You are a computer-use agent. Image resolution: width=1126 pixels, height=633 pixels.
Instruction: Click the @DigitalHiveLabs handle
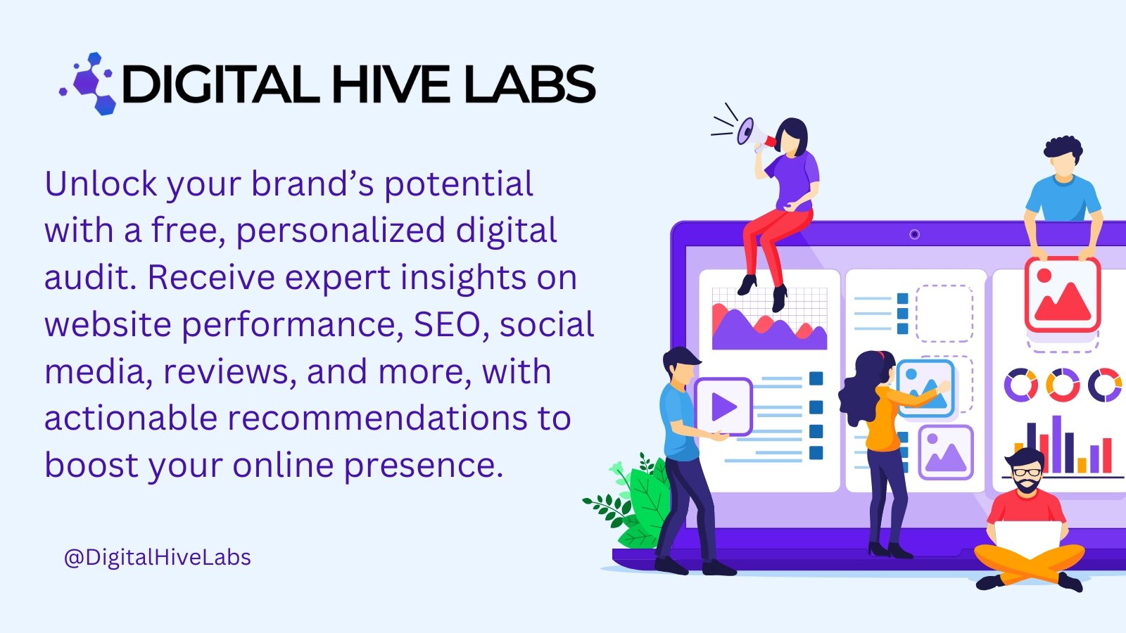click(x=157, y=557)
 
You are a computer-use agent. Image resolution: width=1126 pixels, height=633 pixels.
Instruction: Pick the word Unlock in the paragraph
click(x=101, y=184)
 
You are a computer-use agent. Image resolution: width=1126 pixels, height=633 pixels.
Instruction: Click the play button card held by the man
click(x=723, y=407)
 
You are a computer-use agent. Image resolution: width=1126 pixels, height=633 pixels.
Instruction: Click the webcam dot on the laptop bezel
click(x=914, y=234)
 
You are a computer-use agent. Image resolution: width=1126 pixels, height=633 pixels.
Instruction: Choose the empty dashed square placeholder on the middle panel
click(x=944, y=313)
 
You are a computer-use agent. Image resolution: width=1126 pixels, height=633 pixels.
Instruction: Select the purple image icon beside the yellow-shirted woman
click(x=945, y=453)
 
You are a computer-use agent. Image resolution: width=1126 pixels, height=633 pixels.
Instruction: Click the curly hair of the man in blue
click(x=1063, y=148)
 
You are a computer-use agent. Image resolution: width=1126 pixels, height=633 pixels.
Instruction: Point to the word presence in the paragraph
click(x=423, y=466)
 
